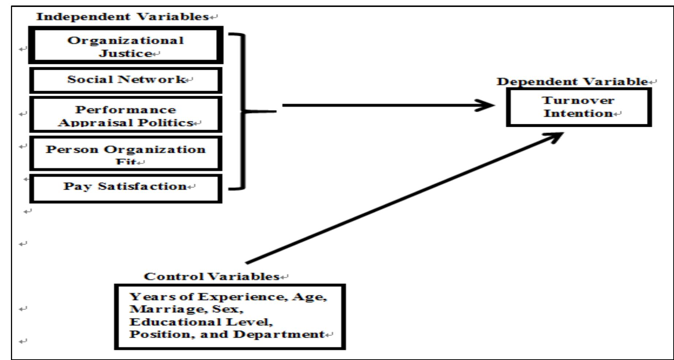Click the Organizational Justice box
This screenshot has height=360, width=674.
click(125, 45)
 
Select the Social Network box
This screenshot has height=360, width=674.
click(125, 80)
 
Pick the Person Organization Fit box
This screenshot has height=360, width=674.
click(125, 154)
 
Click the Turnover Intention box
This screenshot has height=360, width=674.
click(579, 107)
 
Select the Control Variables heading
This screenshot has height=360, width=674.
click(212, 277)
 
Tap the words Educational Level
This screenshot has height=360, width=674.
click(201, 322)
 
